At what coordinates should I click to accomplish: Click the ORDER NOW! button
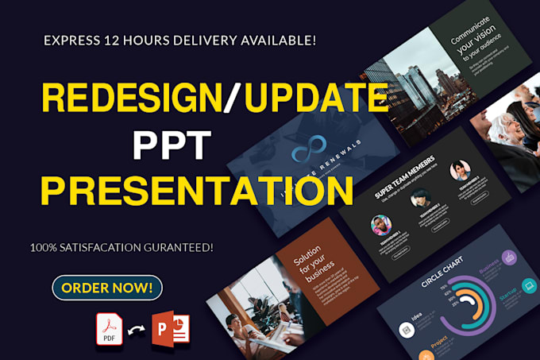click(106, 287)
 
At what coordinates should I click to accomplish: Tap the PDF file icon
click(109, 329)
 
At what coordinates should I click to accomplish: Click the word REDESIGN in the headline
click(131, 98)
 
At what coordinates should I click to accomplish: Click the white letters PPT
click(171, 145)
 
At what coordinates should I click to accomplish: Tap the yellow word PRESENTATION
click(197, 191)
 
